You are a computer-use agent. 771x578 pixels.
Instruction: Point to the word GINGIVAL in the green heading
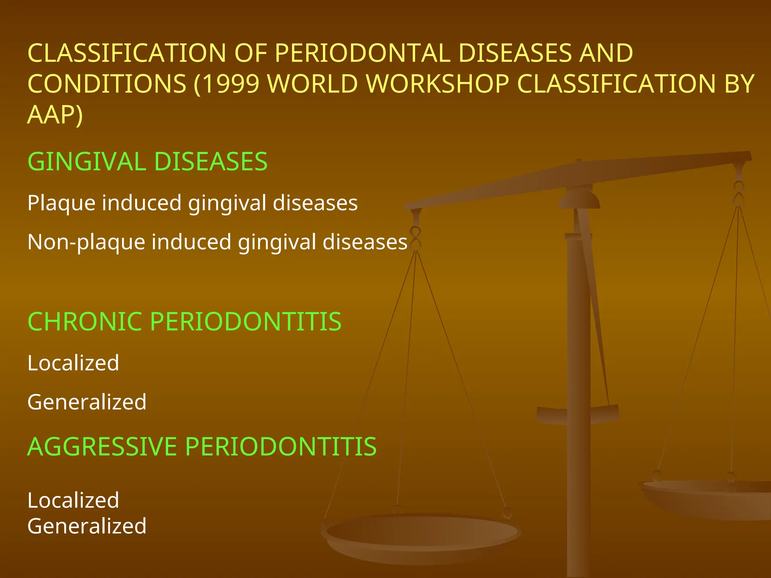tap(87, 162)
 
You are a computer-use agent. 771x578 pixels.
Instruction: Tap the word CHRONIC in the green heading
tap(85, 322)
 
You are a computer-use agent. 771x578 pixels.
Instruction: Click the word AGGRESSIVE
tap(102, 447)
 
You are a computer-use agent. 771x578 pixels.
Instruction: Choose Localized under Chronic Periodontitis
tap(73, 363)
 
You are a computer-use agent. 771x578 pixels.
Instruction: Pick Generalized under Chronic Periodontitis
tap(87, 402)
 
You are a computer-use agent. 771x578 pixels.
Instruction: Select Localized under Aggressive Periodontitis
tap(73, 500)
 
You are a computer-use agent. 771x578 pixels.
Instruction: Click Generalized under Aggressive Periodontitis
tap(87, 526)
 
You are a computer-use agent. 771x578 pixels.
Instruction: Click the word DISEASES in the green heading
tap(211, 162)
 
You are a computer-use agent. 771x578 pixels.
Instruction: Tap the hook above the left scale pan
tap(416, 237)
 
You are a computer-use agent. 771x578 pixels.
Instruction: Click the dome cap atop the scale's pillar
tap(579, 199)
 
